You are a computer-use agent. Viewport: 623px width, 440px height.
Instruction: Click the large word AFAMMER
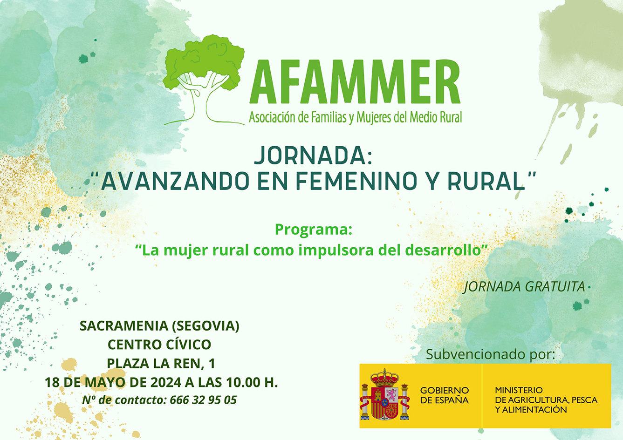[355, 82]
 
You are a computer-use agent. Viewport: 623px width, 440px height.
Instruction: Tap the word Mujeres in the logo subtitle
[374, 117]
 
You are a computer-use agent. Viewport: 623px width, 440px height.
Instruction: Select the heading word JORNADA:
[313, 156]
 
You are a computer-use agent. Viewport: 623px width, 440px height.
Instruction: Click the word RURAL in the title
[486, 181]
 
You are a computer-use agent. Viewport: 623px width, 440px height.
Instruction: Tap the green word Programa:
[313, 230]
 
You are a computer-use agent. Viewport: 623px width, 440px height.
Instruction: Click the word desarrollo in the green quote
[442, 250]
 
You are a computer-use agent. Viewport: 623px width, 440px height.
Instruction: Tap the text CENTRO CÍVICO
[159, 345]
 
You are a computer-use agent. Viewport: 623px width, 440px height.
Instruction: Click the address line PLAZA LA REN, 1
[161, 363]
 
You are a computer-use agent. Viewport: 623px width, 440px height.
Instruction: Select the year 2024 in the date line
[166, 382]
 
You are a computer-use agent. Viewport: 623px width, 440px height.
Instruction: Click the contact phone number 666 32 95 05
[203, 400]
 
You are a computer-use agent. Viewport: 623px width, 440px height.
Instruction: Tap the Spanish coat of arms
[385, 395]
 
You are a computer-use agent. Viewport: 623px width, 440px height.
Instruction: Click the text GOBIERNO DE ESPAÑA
[444, 395]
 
